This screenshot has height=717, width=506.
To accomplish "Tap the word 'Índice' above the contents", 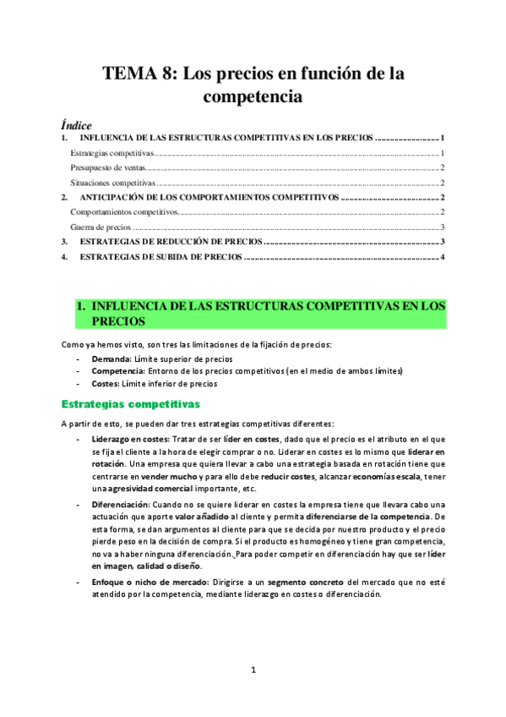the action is (x=77, y=124).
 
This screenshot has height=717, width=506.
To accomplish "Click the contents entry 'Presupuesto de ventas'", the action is (x=106, y=167).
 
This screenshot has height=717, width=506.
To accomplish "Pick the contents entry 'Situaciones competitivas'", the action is (x=112, y=182).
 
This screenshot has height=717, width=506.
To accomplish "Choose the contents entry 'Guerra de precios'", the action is (x=101, y=227).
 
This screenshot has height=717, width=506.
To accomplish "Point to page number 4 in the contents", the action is (x=442, y=256).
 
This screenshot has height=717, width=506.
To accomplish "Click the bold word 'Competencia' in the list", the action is (x=117, y=370).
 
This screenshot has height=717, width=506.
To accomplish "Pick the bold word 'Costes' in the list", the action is (x=106, y=383).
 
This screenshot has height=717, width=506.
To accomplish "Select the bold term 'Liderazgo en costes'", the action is (x=130, y=441).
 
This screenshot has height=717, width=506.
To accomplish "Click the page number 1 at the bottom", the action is (x=253, y=670).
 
